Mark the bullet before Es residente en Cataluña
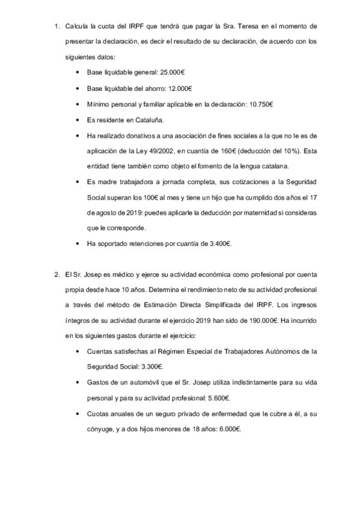click(x=79, y=120)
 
